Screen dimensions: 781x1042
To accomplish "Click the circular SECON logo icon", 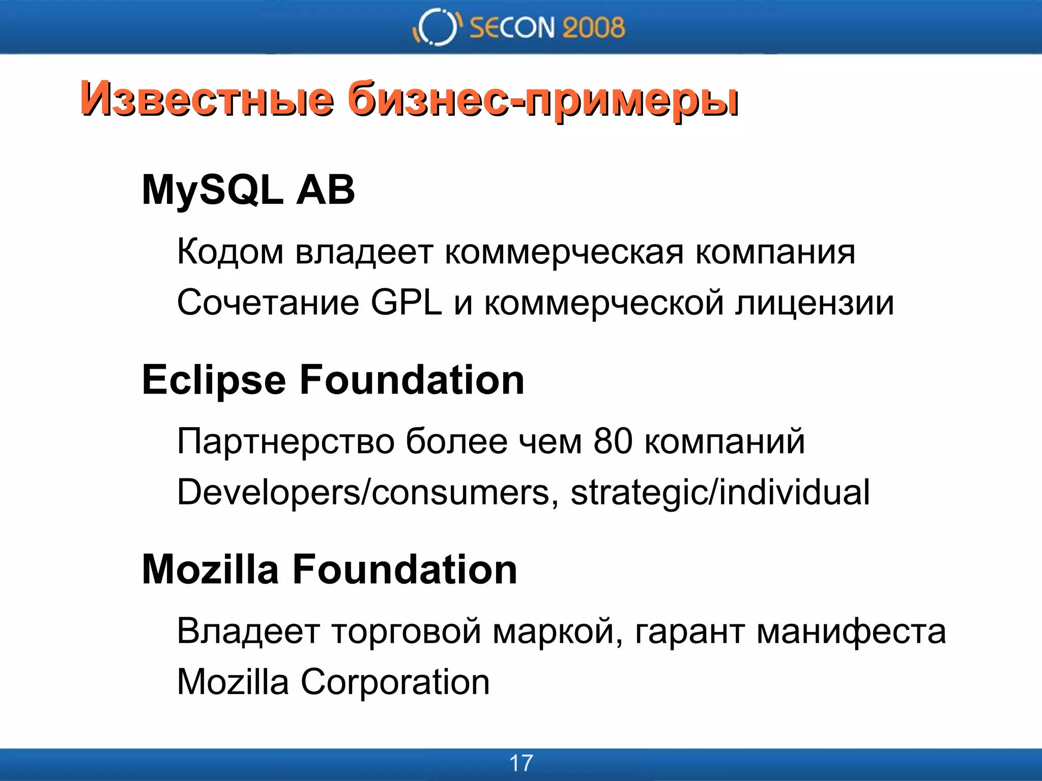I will (437, 27).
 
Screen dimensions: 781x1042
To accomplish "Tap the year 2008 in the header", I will (593, 27).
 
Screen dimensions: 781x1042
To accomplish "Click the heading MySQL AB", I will (248, 190).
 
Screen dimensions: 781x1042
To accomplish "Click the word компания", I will (775, 252).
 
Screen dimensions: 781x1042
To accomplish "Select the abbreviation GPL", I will (406, 303).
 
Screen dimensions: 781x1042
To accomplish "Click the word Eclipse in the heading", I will (214, 380).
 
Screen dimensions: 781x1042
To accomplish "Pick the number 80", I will (613, 440).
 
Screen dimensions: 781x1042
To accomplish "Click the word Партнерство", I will (285, 441).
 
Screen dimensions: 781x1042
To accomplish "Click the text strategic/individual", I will (720, 492).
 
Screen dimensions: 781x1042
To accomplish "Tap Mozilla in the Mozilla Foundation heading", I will (210, 569).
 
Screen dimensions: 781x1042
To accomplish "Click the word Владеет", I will (248, 631).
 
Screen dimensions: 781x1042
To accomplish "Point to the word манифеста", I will (851, 631).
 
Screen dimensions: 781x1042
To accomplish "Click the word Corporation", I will (395, 682).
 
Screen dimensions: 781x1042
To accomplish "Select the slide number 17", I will (521, 763).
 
